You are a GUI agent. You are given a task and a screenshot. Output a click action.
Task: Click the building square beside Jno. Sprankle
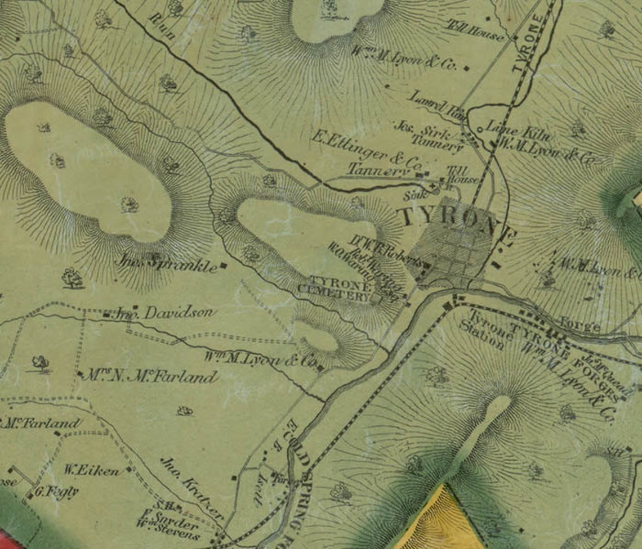point(224,265)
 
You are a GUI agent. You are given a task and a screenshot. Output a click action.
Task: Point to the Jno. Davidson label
point(163,313)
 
